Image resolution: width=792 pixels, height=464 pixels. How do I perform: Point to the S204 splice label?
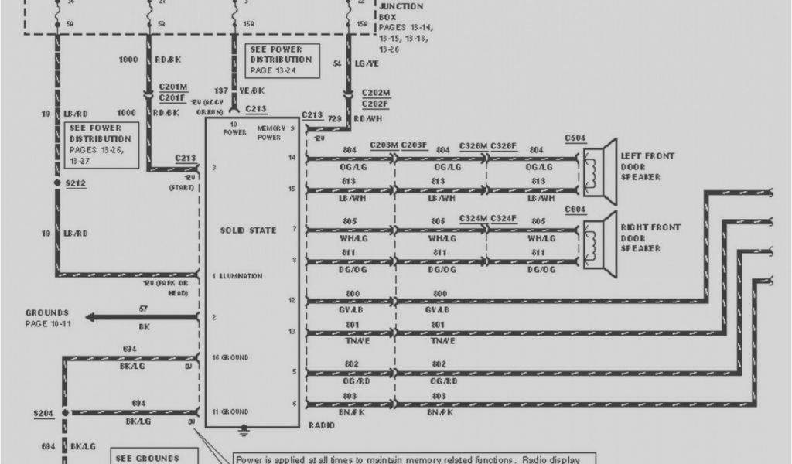point(43,413)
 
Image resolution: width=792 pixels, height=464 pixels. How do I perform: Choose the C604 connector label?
point(575,210)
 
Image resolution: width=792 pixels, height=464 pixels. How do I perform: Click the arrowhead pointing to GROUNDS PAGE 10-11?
point(90,317)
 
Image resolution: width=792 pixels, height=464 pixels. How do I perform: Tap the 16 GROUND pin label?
point(230,357)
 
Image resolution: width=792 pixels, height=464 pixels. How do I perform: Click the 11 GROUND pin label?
point(230,411)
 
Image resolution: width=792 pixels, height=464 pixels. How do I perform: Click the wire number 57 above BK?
point(144,308)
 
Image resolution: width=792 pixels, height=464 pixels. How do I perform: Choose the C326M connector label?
point(473,145)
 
